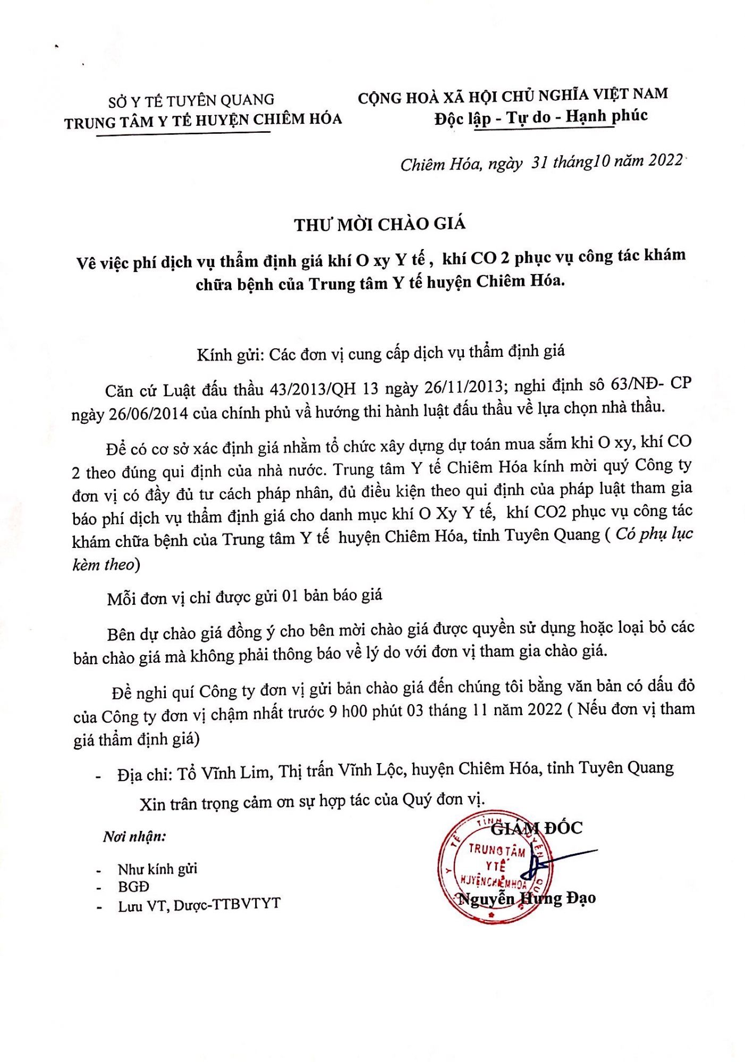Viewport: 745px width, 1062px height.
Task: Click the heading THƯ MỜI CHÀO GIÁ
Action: tap(380, 224)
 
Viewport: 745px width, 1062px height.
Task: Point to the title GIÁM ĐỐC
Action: tap(537, 828)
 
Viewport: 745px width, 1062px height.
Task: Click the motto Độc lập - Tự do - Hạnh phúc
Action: tap(541, 117)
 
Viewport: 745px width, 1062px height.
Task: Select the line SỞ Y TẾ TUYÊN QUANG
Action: tap(191, 100)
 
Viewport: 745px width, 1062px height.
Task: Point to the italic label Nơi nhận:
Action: tap(134, 837)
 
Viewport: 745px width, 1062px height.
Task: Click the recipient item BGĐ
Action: tap(133, 886)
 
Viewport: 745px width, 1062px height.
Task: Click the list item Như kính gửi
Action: tap(157, 869)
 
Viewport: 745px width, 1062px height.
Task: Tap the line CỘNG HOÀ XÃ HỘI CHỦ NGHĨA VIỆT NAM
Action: tap(512, 96)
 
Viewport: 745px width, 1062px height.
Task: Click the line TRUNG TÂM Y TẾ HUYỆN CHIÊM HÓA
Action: tap(203, 121)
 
